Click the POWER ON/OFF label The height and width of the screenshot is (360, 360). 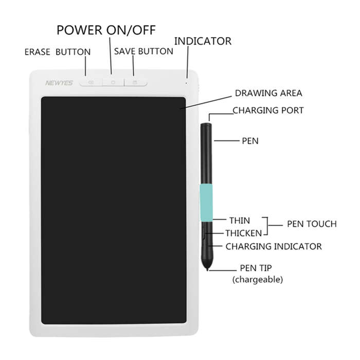pos(106,30)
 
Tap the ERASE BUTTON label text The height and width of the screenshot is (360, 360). pos(58,52)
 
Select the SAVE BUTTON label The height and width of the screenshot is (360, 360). pos(143,51)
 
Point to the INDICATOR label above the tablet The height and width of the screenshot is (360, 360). pos(203,41)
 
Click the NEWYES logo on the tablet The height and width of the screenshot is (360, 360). pos(59,83)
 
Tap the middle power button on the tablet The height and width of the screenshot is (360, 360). pos(113,82)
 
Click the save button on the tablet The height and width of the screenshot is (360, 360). pos(135,82)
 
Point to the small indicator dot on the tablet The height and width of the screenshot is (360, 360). pos(186,83)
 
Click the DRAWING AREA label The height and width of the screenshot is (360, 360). pos(268,93)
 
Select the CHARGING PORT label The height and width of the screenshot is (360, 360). pos(268,111)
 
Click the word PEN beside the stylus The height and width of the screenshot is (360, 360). pos(250,141)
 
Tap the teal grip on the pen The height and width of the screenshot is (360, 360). pos(206,203)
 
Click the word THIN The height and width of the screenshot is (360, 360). pos(240,221)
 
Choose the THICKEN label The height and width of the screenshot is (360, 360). pos(244,233)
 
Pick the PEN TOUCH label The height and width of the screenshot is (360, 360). pos(312,224)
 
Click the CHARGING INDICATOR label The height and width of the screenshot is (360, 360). pos(274,246)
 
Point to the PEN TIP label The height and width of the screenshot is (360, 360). pos(256,268)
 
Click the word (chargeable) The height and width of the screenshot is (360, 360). pos(257,280)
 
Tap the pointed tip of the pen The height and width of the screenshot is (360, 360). pos(207,270)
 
